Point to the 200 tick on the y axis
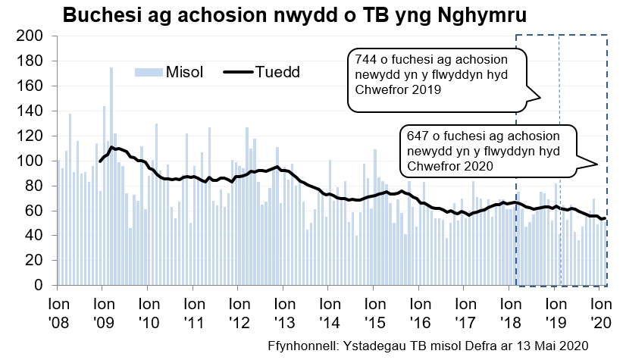pos(33,36)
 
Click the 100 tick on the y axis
pos(33,161)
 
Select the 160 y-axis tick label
pos(33,86)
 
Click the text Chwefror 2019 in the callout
pos(393,89)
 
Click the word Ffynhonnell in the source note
pos(302,346)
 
